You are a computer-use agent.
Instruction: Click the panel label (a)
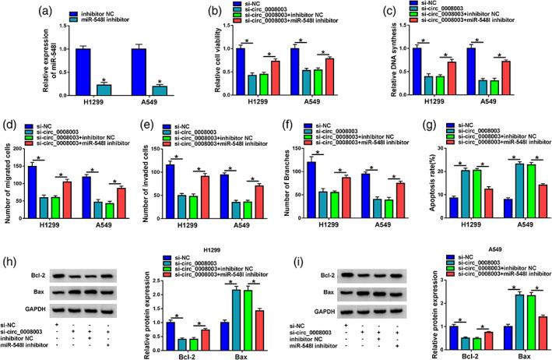click(x=16, y=9)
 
